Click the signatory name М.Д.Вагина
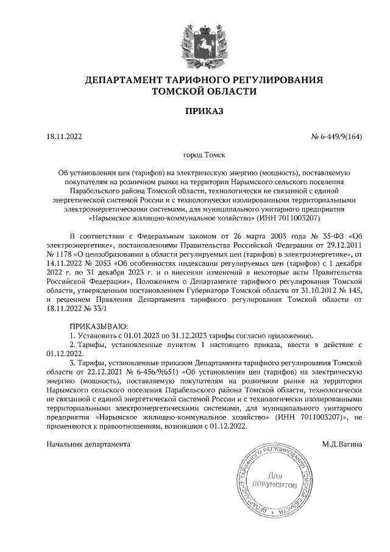tap(342, 444)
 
